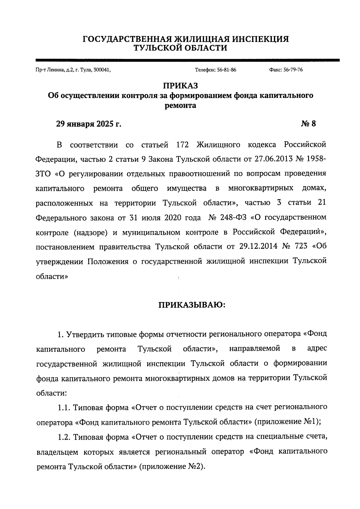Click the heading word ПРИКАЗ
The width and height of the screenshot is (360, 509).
click(x=180, y=86)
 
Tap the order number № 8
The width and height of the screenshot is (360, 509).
click(x=308, y=124)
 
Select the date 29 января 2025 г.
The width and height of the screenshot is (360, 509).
click(x=89, y=124)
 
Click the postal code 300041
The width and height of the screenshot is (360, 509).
click(x=102, y=70)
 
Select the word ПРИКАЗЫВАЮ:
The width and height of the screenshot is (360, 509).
click(x=192, y=305)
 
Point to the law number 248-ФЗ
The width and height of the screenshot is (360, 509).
click(x=233, y=217)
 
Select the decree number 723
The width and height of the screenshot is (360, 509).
click(x=301, y=246)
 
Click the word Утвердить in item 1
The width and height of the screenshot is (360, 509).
click(x=85, y=334)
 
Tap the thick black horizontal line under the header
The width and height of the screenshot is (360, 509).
click(x=187, y=60)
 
